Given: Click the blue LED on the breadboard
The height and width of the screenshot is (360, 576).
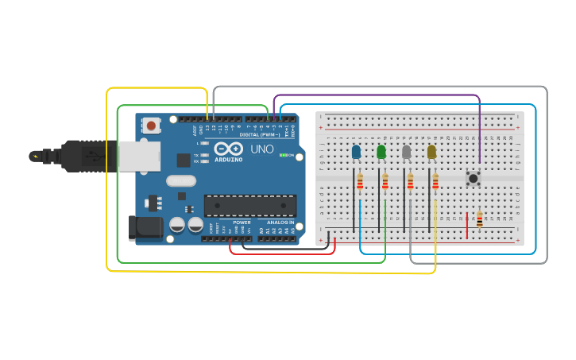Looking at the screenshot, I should (356, 151).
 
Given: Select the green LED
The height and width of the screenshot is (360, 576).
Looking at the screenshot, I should (381, 151).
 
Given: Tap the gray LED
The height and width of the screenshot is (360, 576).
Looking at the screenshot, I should (407, 151).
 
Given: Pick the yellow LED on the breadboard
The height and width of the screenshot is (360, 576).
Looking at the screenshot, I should (431, 151).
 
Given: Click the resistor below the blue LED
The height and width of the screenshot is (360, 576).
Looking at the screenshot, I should (360, 183).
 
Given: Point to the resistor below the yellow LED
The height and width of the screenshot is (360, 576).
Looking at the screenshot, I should (435, 183).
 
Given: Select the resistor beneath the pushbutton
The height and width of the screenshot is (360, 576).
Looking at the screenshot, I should (479, 219).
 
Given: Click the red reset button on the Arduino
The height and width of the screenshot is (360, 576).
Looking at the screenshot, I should (151, 125).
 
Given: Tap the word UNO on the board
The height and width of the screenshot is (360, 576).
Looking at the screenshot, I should (262, 149).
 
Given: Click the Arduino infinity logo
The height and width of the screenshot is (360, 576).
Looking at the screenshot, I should (228, 149).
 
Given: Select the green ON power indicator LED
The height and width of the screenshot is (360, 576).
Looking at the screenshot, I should (283, 155).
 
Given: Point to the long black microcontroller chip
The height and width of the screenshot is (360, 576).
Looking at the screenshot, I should (250, 206).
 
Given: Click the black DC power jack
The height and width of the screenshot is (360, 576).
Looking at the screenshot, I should (145, 227).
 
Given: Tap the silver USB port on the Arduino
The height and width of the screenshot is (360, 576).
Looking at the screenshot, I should (139, 156).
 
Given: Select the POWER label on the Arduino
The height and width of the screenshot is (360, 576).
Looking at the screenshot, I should (242, 223).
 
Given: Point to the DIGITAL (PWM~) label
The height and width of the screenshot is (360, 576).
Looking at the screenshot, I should (258, 134).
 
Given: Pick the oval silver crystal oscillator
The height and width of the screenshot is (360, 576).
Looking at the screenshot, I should (181, 180).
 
